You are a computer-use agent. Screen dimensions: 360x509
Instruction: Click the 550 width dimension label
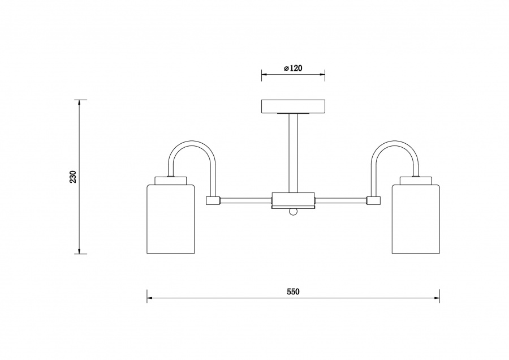click(x=292, y=292)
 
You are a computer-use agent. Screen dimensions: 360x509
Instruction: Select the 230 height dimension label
click(x=73, y=177)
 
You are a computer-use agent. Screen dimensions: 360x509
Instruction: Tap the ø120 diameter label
click(x=293, y=68)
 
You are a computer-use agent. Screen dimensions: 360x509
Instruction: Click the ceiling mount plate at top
click(x=293, y=106)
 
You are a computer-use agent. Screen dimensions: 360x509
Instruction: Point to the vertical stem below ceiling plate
click(x=293, y=153)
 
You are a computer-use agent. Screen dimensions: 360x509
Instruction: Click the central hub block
click(x=293, y=199)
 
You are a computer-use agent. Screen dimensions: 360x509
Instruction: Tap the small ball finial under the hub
click(x=292, y=212)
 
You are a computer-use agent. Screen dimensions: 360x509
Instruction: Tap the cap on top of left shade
click(x=171, y=181)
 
